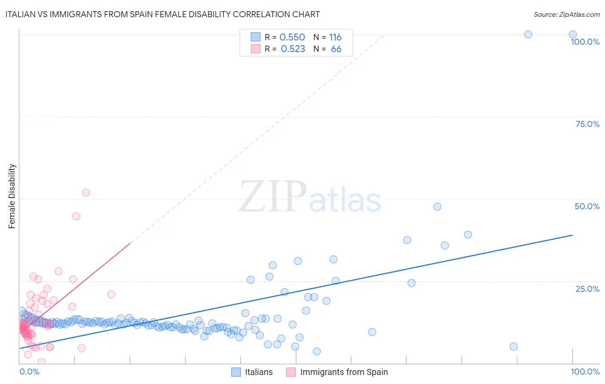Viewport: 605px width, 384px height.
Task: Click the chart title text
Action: tap(162, 14)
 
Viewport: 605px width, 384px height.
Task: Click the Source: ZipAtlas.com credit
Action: tap(566, 14)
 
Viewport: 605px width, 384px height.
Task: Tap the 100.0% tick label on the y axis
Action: tap(585, 42)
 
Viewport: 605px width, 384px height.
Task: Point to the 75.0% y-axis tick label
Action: tap(587, 124)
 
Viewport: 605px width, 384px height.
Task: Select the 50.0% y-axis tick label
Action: tap(587, 206)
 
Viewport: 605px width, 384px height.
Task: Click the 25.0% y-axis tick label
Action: tap(587, 289)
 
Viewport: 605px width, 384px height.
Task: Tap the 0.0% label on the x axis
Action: tap(29, 372)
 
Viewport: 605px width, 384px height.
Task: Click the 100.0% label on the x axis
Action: tap(585, 372)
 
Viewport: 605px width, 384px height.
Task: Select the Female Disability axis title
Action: tap(12, 196)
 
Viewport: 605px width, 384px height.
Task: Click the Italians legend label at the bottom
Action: tap(259, 372)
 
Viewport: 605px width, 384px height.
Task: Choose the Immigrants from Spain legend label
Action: tap(344, 372)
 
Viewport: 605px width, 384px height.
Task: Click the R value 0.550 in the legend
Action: tap(292, 37)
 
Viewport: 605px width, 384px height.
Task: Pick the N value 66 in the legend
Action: tap(336, 49)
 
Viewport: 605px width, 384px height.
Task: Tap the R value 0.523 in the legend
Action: tap(293, 49)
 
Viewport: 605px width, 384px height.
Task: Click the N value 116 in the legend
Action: tap(335, 37)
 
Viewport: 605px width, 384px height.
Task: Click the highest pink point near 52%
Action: tap(86, 193)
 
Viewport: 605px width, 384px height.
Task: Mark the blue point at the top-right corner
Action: tap(573, 34)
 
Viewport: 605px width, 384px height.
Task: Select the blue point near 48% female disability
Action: tap(437, 207)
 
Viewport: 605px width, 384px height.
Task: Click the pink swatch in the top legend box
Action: tap(256, 49)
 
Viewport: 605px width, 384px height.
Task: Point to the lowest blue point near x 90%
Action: tap(513, 347)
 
